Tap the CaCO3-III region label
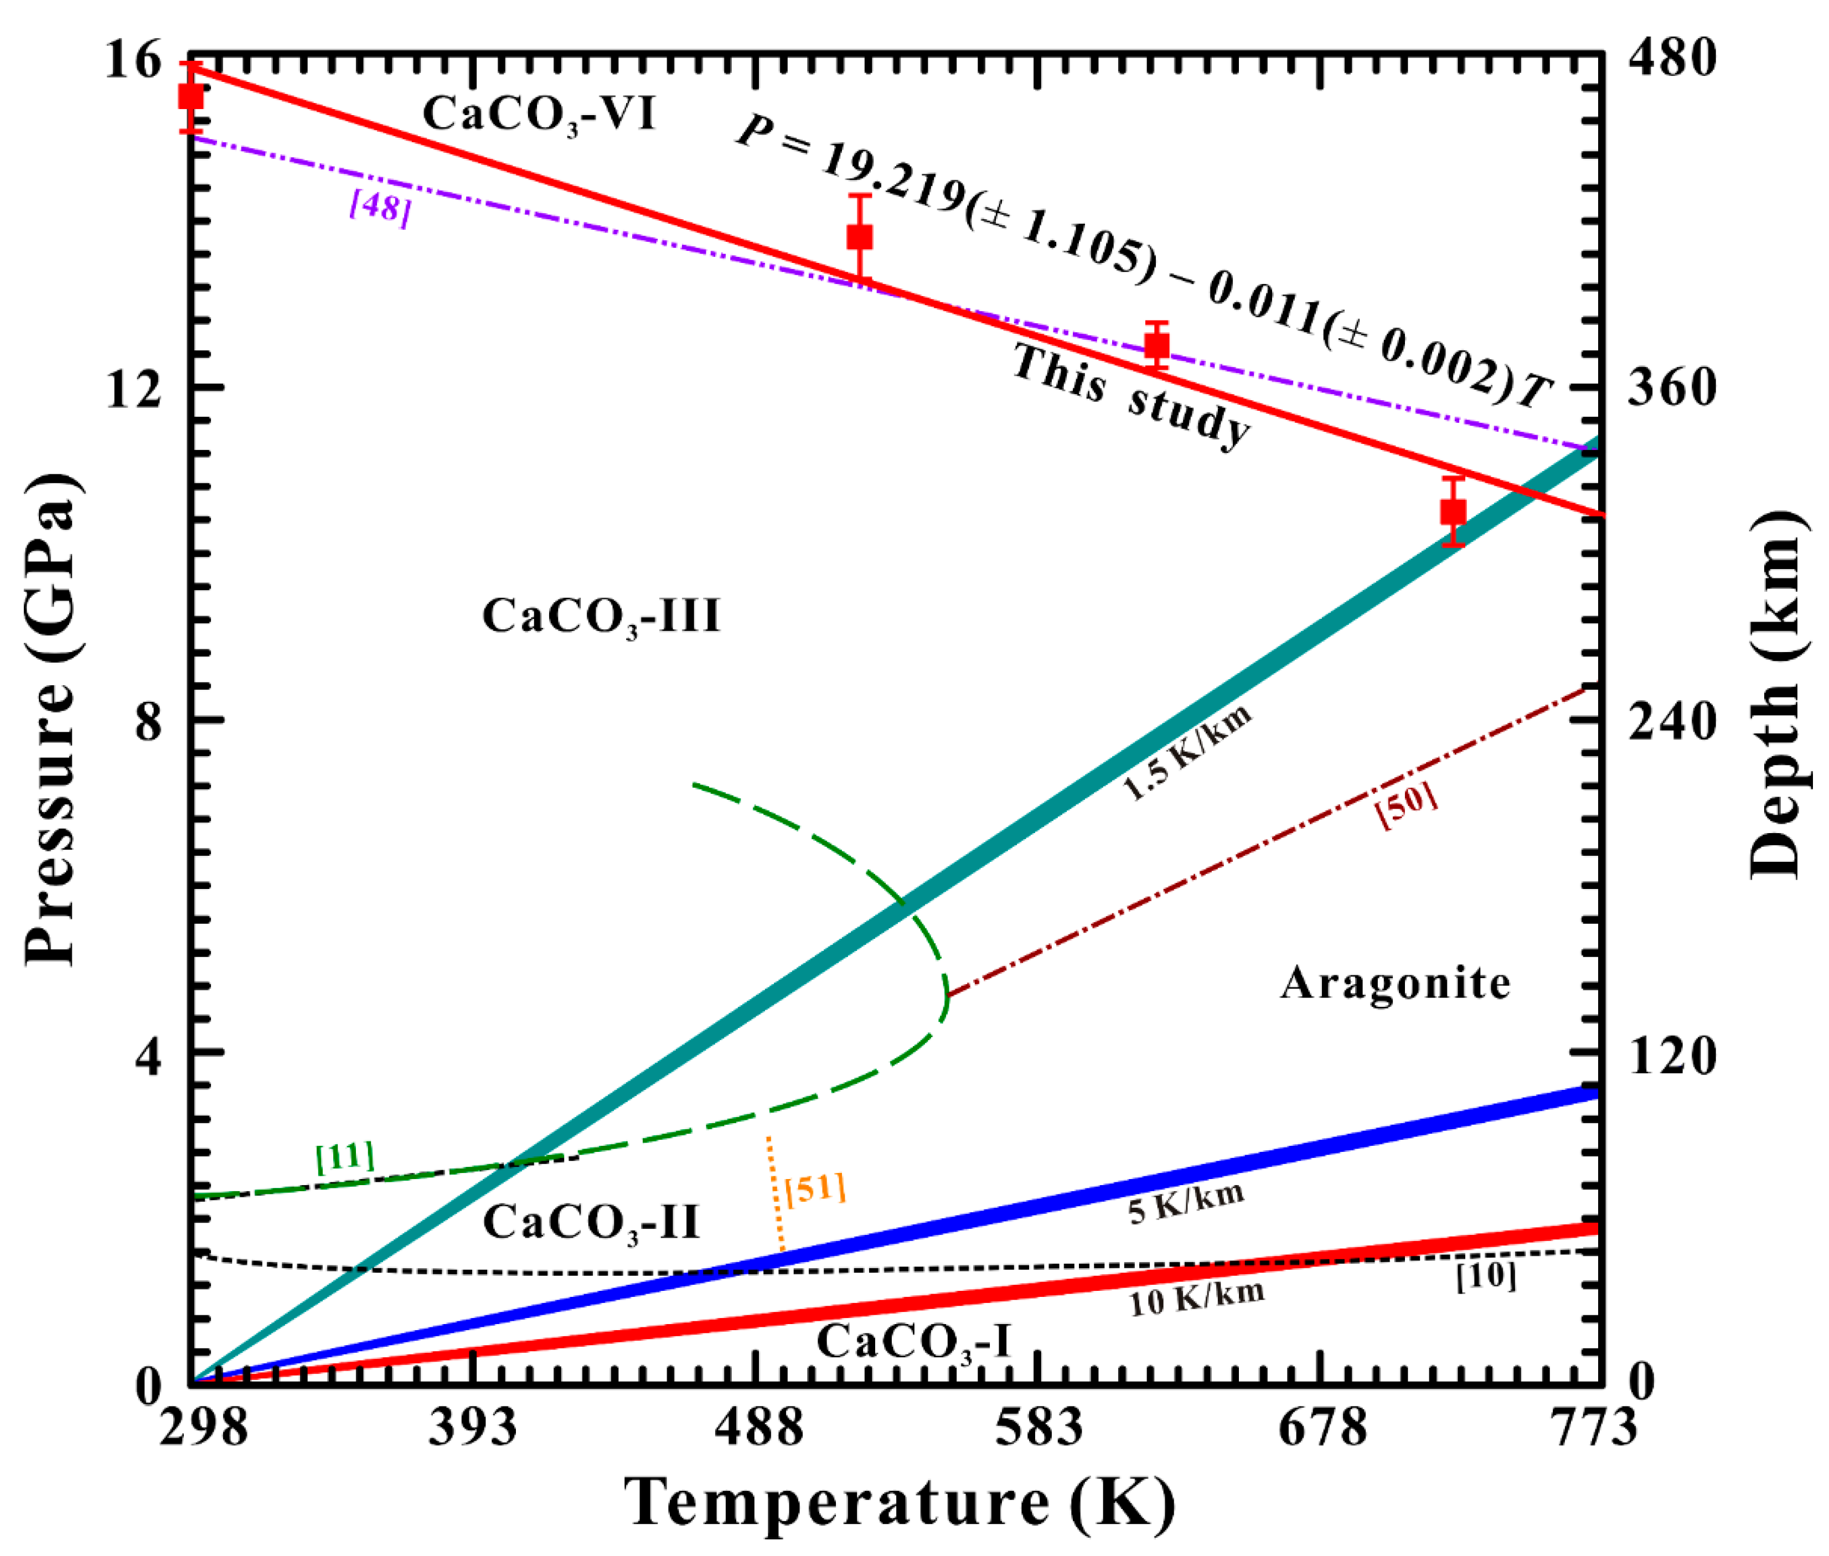[x=601, y=616]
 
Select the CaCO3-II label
[x=591, y=1223]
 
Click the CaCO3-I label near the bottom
[x=913, y=1342]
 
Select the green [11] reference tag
[x=345, y=1156]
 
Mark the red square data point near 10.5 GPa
[x=1453, y=511]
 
